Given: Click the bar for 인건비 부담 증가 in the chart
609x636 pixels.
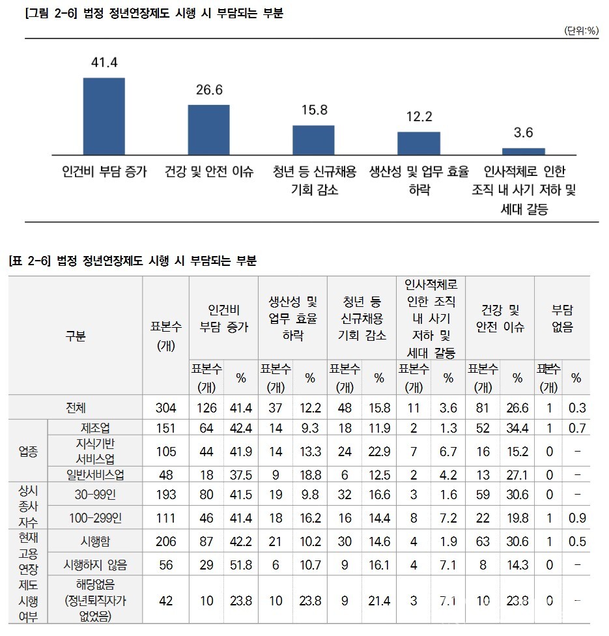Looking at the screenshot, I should [x=104, y=116].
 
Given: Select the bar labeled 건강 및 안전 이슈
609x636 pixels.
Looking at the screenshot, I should [x=208, y=129].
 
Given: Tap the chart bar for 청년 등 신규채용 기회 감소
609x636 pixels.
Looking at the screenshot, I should [x=313, y=139].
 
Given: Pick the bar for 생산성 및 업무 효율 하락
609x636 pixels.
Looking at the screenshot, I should [x=418, y=143].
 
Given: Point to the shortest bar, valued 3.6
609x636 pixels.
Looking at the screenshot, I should [x=523, y=151].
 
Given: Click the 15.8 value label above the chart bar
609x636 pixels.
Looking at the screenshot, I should [x=314, y=109].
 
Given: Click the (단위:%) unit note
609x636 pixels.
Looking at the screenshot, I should [x=582, y=31].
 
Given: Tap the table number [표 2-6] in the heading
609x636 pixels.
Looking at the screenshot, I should [x=30, y=261].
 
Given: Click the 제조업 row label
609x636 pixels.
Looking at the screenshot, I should [x=95, y=427].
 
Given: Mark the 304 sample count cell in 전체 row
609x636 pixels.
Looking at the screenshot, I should [x=166, y=409].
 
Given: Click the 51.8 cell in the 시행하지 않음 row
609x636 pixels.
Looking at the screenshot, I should [x=241, y=565].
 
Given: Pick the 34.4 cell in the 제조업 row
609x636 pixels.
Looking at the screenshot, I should [x=517, y=427].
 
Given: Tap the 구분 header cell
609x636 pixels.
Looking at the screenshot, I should [x=76, y=336].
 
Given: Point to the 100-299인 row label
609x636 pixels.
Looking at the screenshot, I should [x=95, y=518].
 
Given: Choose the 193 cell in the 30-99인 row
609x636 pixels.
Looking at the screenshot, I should [x=166, y=495].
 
